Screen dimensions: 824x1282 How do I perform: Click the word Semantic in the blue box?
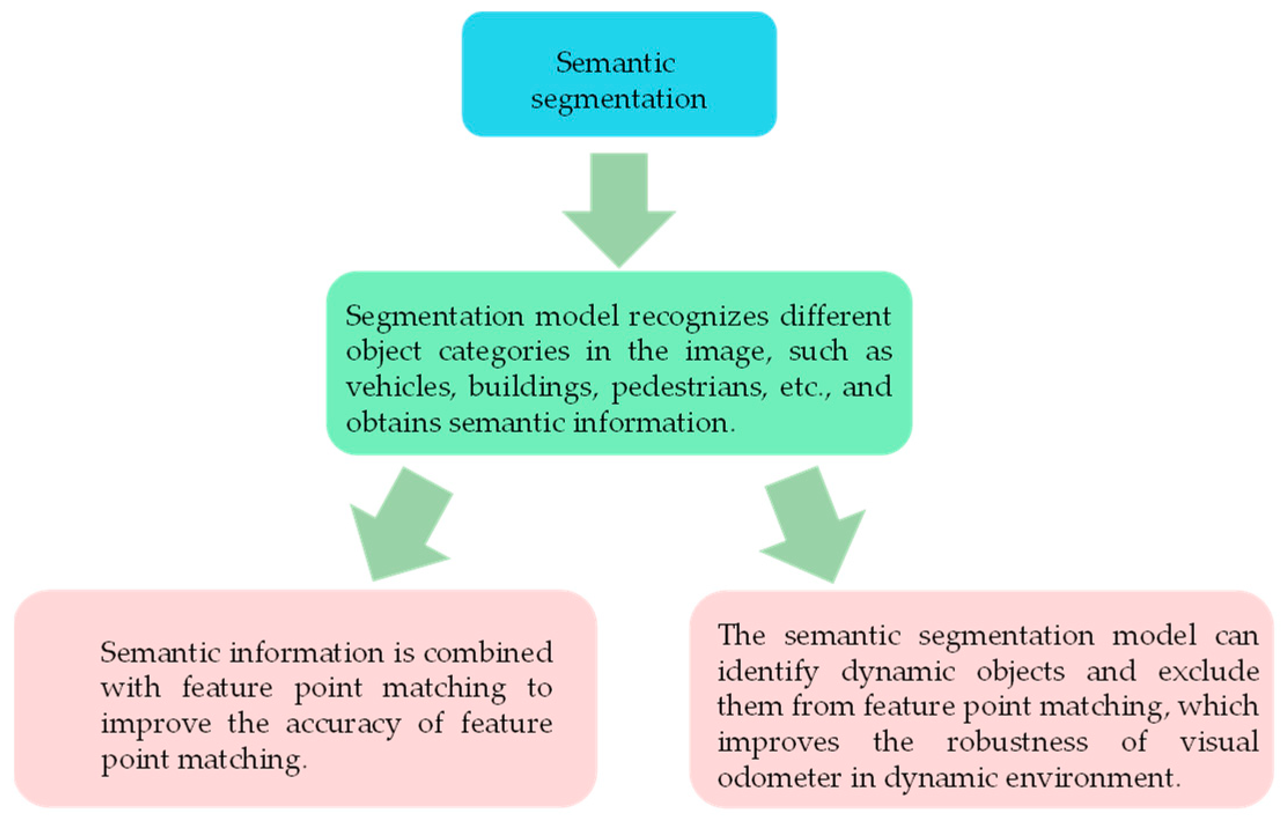coord(615,62)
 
